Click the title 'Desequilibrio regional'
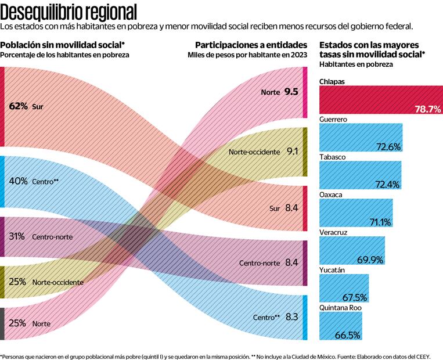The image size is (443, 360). (x=69, y=11)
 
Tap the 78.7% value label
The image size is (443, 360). (x=427, y=109)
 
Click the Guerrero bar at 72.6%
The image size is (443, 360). (x=360, y=138)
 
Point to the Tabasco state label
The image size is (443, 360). (x=333, y=157)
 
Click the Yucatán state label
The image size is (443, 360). (x=332, y=270)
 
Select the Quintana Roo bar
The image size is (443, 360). (x=340, y=326)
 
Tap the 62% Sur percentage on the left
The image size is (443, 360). (x=19, y=106)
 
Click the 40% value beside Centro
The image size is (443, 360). (x=19, y=181)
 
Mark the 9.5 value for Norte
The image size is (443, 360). (x=291, y=92)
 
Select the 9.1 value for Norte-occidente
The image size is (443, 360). (x=292, y=152)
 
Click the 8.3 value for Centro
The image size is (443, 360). (x=292, y=317)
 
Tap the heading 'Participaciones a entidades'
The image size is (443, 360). (x=251, y=45)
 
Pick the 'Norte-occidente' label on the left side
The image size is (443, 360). (x=57, y=282)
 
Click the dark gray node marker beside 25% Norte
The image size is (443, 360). (x=2, y=323)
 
